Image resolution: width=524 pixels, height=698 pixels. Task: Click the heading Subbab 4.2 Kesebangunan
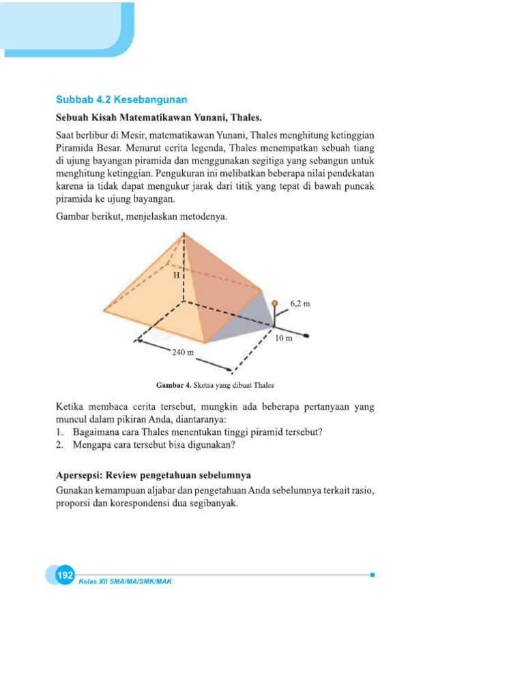(121, 100)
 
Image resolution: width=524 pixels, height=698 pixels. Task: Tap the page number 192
(65, 576)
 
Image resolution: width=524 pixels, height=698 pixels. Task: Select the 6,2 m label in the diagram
(300, 303)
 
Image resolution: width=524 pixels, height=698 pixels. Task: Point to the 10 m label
(285, 338)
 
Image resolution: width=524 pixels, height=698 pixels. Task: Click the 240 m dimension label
(183, 352)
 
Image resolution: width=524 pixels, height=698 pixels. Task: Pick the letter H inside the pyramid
(175, 275)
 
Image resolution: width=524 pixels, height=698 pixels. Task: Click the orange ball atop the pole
(274, 303)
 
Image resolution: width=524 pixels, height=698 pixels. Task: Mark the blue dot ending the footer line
(373, 575)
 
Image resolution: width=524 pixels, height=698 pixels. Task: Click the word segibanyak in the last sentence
(214, 504)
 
